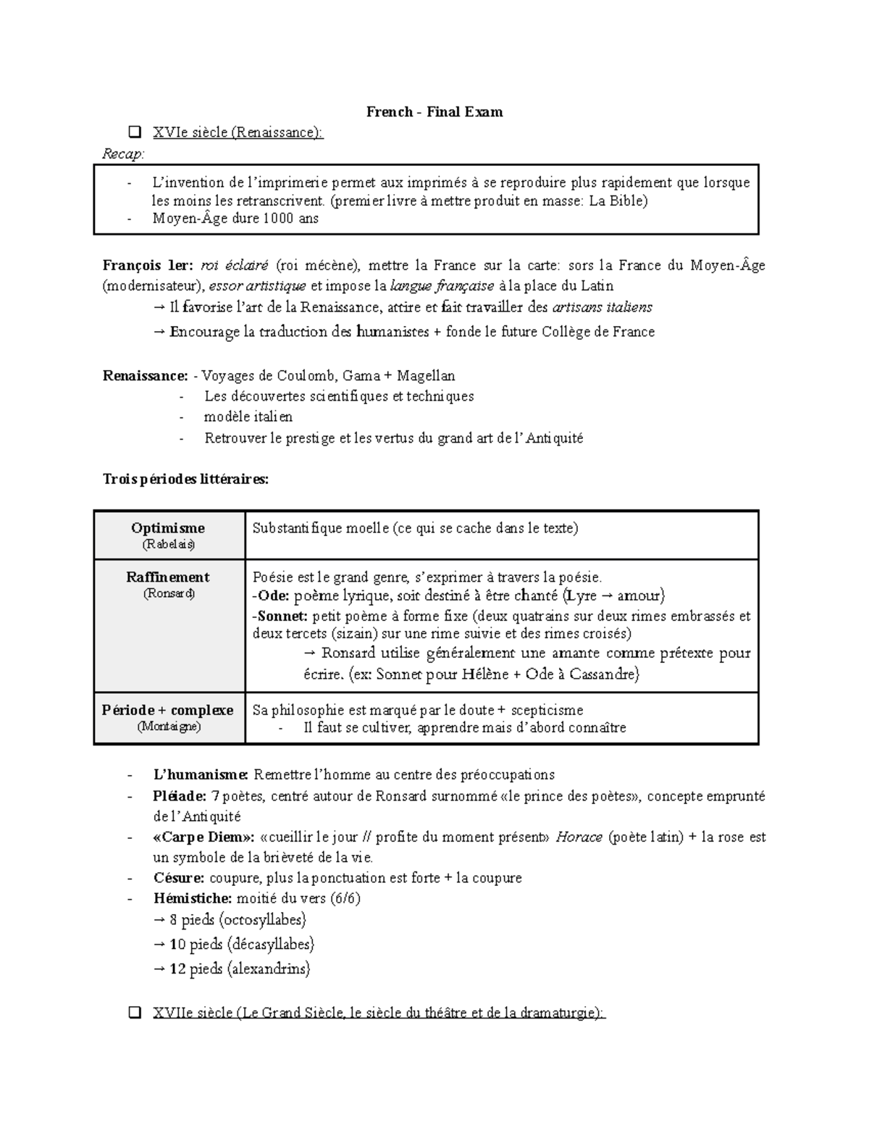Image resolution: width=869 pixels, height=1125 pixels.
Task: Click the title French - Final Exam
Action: [x=434, y=112]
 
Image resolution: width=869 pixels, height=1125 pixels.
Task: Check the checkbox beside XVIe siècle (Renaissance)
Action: [x=134, y=133]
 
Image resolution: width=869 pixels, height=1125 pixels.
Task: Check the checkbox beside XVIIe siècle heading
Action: [x=134, y=1013]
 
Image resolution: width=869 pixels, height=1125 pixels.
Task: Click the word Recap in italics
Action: [x=122, y=154]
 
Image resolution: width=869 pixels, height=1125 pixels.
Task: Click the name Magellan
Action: [x=426, y=375]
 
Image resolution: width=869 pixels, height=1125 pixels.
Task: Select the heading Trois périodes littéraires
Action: [x=185, y=479]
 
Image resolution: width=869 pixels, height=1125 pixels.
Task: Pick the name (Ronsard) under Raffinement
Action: [x=169, y=593]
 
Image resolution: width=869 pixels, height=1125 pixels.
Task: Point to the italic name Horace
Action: [x=579, y=837]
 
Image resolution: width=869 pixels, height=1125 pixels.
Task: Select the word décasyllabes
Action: [x=272, y=944]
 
